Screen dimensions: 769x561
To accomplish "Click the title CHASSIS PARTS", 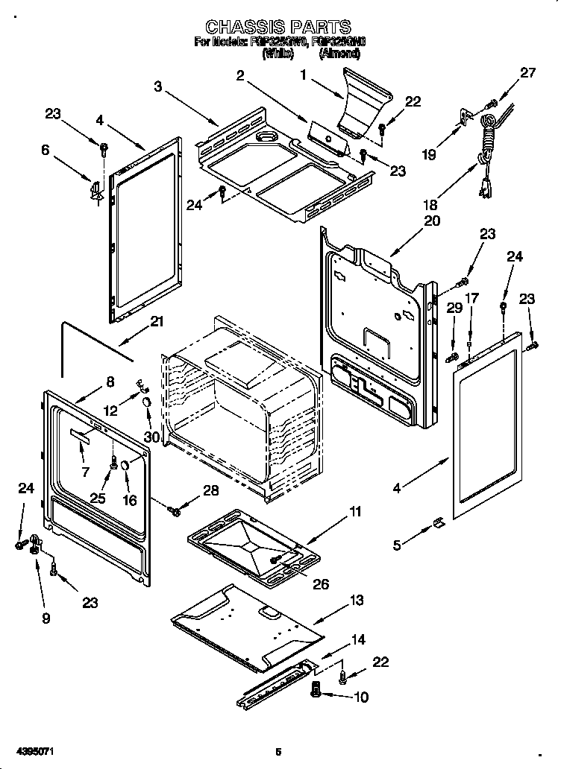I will click(x=278, y=28).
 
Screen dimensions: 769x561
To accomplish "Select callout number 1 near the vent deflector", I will click(x=304, y=75).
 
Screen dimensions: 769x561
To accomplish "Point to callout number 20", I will click(x=433, y=221).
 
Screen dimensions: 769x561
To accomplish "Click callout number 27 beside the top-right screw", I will click(x=528, y=73).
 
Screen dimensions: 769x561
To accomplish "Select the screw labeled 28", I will click(x=176, y=511).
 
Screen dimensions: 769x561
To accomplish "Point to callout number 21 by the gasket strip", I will click(x=156, y=322).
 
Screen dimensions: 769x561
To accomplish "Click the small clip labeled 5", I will click(x=439, y=526).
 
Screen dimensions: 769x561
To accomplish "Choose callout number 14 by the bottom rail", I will click(x=359, y=639).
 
